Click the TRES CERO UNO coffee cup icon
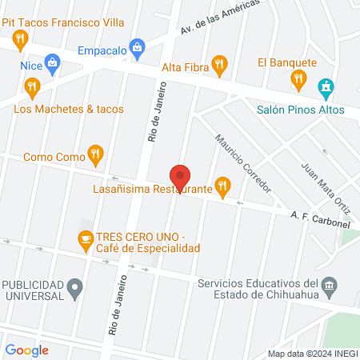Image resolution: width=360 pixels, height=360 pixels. point(85,238)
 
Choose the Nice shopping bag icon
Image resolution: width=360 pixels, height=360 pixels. point(52,62)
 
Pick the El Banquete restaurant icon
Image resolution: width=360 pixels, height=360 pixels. point(298,78)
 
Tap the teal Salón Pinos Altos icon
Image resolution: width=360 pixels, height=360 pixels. point(325,87)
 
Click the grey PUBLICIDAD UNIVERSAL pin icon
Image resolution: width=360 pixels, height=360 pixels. point(76,286)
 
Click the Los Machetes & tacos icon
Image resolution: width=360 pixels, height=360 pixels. point(32,86)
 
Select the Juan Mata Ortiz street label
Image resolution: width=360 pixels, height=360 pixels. point(316,187)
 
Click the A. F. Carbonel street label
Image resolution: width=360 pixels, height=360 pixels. point(320,220)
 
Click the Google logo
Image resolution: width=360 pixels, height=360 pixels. point(27,350)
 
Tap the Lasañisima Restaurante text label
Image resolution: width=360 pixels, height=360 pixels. point(150,190)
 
